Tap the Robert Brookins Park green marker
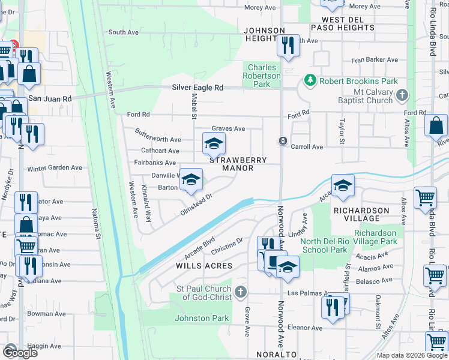[x=310, y=80]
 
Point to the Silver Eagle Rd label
[x=197, y=88]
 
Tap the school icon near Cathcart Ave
[x=214, y=144]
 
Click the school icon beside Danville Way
[x=191, y=179]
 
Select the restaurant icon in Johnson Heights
[x=288, y=45]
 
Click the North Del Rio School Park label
[x=324, y=245]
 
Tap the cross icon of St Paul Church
[x=240, y=292]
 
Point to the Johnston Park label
[x=202, y=319]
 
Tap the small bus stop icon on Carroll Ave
[x=282, y=141]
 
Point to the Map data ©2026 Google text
[x=411, y=355]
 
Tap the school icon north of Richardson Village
[x=343, y=185]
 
